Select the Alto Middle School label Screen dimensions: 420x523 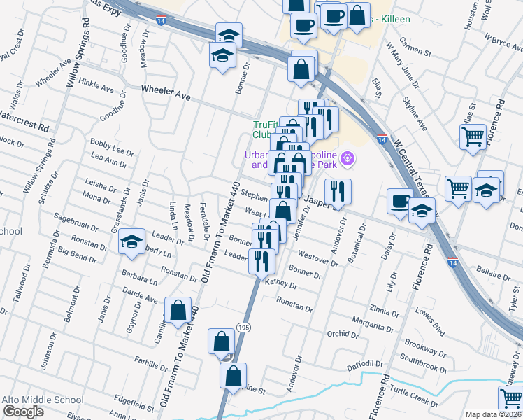43,400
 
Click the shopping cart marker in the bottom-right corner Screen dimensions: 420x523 510,398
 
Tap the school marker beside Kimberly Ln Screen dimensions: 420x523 131,241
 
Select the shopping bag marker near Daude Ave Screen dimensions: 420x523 178,310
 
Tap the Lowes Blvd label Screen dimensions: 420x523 430,329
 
